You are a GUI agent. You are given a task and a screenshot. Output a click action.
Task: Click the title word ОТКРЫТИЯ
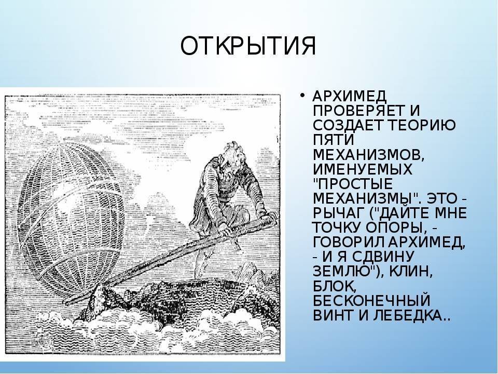[248, 46]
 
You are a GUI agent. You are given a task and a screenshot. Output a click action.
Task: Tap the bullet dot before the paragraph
[302, 96]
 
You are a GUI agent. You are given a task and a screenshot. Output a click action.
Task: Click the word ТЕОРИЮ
[422, 125]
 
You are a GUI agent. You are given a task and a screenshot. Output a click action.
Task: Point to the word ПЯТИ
[334, 140]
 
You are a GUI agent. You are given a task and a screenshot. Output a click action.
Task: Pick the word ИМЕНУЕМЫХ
[363, 169]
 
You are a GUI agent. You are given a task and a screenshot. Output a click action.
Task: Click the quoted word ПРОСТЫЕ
[355, 184]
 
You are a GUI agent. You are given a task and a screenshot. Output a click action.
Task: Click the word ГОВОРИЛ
[349, 243]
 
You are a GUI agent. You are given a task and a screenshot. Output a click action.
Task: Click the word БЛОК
[335, 286]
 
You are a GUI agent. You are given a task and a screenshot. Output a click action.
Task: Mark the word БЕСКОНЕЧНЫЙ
[371, 301]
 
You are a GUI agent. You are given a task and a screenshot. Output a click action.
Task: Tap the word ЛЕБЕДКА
[411, 315]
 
